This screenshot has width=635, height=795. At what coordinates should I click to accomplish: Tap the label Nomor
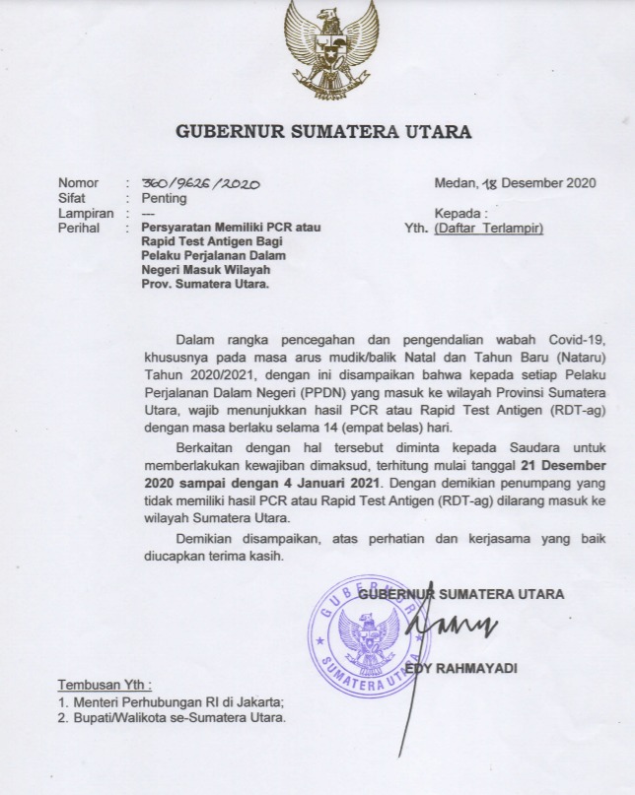pyautogui.click(x=79, y=183)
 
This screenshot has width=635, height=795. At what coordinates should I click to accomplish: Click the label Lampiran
pyautogui.click(x=85, y=213)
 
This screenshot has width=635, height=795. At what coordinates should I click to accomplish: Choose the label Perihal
pyautogui.click(x=80, y=228)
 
